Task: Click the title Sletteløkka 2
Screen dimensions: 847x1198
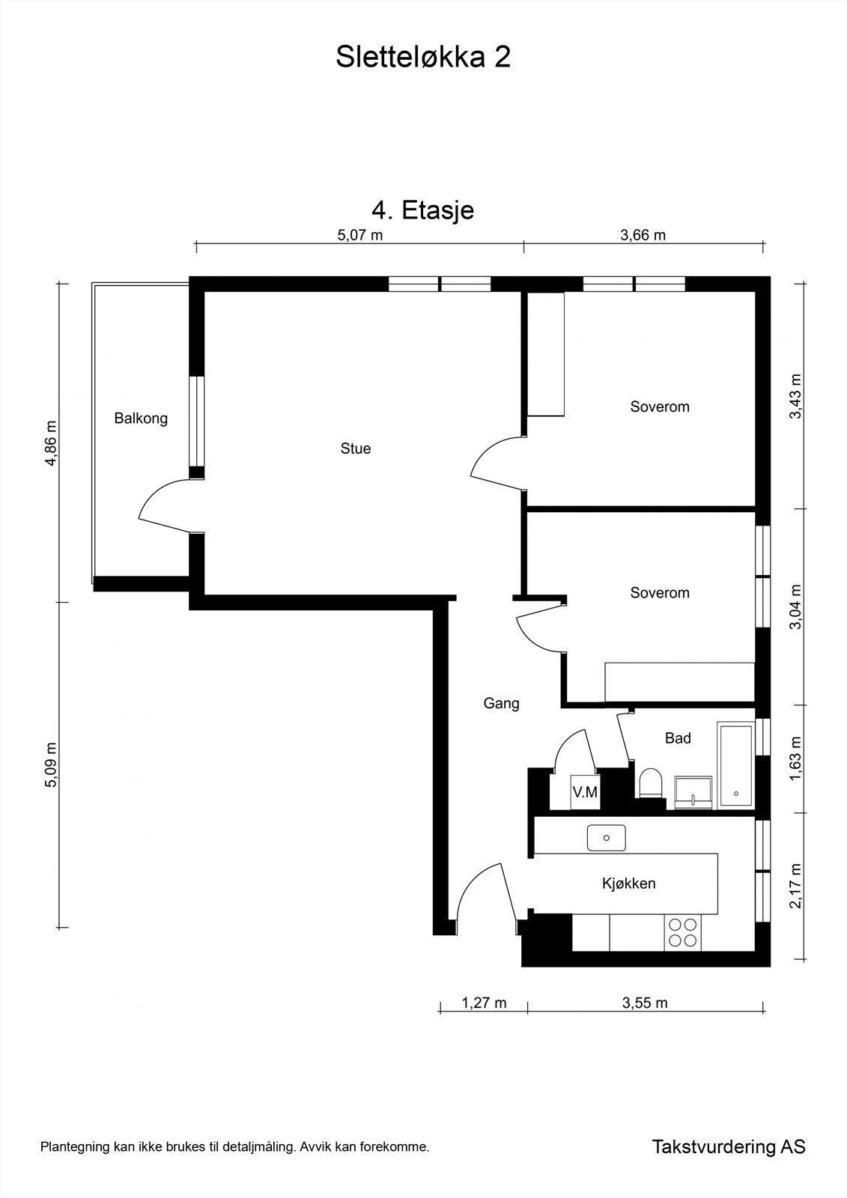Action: (x=422, y=57)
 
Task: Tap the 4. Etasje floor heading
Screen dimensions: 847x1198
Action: (x=422, y=210)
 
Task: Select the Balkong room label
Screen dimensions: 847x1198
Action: (x=141, y=419)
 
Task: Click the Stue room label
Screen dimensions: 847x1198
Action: (x=356, y=449)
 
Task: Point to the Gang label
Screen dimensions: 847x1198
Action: (x=501, y=703)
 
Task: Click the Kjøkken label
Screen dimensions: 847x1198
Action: (x=628, y=883)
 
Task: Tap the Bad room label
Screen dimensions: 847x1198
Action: (x=678, y=738)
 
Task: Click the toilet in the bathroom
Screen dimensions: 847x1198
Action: (x=651, y=783)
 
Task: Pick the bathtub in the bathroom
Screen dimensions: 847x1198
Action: (x=735, y=764)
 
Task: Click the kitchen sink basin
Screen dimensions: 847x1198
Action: (x=606, y=838)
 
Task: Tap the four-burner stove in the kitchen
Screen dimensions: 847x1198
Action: (x=683, y=933)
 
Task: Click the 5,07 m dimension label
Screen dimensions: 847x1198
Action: (x=360, y=235)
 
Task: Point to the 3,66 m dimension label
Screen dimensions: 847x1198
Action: (x=643, y=235)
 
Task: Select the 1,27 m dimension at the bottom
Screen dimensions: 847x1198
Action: (x=484, y=1003)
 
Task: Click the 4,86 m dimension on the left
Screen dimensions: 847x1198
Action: (x=51, y=443)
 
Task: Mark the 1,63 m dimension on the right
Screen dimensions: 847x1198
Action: (x=795, y=758)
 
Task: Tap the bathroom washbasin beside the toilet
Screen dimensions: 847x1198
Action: (x=693, y=792)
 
